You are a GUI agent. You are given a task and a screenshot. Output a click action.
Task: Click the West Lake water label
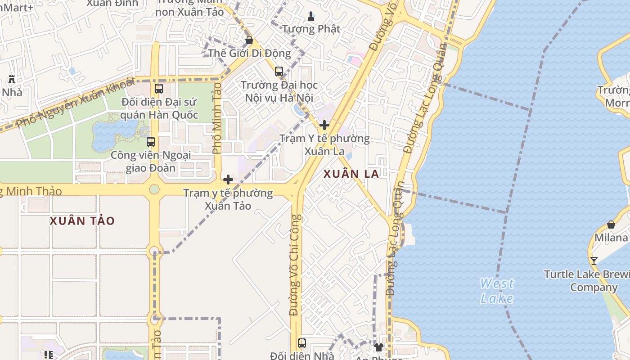[497, 291]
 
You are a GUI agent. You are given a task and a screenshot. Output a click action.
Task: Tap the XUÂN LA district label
[351, 174]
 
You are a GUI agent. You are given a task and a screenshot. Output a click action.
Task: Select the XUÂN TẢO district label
[82, 221]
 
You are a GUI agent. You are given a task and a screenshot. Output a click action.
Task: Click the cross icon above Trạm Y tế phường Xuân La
[324, 125]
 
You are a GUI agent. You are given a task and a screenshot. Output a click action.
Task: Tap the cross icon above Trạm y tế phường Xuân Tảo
[228, 180]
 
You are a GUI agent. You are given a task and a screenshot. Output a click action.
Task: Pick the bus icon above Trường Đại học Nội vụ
[279, 71]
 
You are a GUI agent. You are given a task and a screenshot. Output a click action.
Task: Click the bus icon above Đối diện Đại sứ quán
[159, 89]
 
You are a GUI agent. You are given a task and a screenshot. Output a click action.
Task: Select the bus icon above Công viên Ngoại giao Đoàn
[151, 142]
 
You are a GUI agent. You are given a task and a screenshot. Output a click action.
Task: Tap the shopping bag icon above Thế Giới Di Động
[249, 40]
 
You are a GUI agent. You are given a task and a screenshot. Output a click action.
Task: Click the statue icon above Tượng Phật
[311, 17]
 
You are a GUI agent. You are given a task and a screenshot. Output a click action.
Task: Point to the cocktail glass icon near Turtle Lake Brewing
[594, 261]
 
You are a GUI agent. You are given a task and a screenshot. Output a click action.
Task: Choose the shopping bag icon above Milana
[611, 224]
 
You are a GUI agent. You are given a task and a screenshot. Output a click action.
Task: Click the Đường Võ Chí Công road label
[295, 265]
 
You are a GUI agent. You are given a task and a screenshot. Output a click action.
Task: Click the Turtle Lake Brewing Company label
[587, 280]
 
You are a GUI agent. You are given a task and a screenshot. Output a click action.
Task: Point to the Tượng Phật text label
[311, 29]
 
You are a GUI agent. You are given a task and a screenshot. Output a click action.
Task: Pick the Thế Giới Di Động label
[250, 53]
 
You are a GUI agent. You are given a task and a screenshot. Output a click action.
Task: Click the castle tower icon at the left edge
[12, 79]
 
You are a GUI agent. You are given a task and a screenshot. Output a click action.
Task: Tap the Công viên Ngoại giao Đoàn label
[151, 162]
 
